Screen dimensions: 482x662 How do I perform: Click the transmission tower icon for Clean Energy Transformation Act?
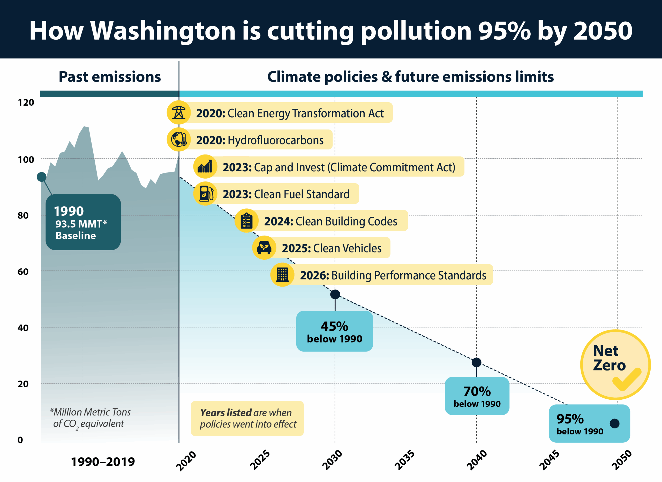click(x=179, y=112)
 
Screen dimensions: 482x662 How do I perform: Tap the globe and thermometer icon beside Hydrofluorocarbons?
click(x=179, y=139)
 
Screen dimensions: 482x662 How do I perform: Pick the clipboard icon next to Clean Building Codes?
click(x=247, y=221)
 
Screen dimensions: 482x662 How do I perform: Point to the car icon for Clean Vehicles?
click(x=264, y=248)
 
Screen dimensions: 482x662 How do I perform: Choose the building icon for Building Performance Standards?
click(x=282, y=275)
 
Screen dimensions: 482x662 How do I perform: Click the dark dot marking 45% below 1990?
click(x=335, y=294)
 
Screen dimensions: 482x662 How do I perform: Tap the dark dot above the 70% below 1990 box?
click(x=476, y=362)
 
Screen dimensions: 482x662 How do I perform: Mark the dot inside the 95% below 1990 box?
click(x=614, y=423)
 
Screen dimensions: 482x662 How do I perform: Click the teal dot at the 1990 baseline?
click(x=41, y=177)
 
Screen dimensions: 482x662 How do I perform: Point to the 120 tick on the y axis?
click(x=26, y=103)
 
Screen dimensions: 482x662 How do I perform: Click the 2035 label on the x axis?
click(x=404, y=460)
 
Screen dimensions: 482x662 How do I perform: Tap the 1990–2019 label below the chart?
click(x=103, y=462)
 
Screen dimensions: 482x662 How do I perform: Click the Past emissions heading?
click(x=110, y=77)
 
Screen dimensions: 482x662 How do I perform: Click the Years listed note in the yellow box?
click(x=247, y=418)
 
